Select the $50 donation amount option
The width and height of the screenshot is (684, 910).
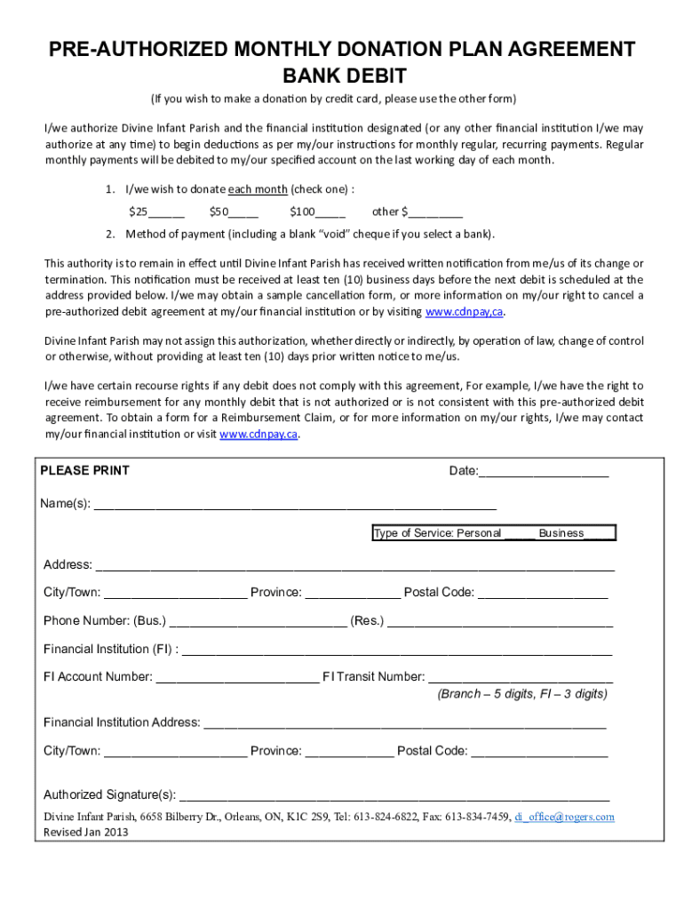234,212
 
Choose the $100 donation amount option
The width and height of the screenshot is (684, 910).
317,212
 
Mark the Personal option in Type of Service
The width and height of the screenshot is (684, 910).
519,534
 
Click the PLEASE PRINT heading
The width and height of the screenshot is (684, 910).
85,470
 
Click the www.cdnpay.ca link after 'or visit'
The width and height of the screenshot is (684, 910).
258,435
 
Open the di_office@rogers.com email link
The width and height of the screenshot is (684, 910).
564,817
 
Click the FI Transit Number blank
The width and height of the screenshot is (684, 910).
521,677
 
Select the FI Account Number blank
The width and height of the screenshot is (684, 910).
237,677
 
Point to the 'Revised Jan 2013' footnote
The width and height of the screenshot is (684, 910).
86,833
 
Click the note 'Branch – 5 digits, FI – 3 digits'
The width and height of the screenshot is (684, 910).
521,694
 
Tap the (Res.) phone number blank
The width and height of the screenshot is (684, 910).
499,621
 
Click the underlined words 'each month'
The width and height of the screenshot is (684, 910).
258,189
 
